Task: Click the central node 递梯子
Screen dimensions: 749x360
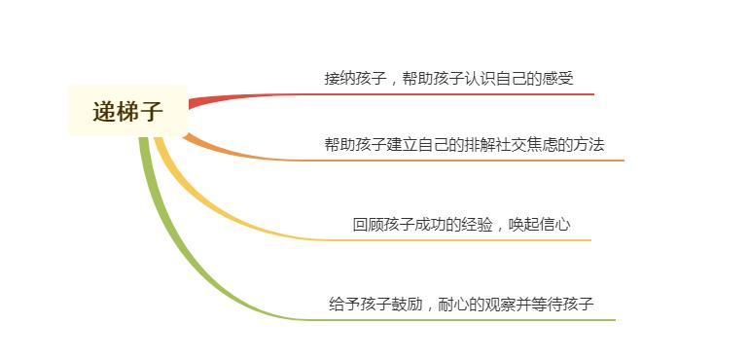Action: pyautogui.click(x=127, y=111)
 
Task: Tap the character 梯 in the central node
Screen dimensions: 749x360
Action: pyautogui.click(x=127, y=111)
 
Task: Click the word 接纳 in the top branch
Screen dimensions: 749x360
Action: pyautogui.click(x=340, y=78)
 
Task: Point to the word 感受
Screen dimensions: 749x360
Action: pyautogui.click(x=557, y=78)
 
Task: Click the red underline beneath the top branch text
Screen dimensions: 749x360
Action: pyautogui.click(x=438, y=94)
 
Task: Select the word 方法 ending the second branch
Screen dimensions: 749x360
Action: pyautogui.click(x=588, y=144)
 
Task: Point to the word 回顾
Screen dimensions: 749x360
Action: pyautogui.click(x=368, y=224)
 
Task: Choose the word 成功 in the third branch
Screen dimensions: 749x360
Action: pyautogui.click(x=430, y=224)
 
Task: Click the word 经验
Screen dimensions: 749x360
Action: pyautogui.click(x=477, y=224)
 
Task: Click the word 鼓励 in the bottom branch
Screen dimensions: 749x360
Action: pyautogui.click(x=408, y=304)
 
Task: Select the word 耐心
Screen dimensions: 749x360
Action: pyautogui.click(x=454, y=304)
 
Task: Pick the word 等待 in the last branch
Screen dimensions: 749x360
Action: pyautogui.click(x=547, y=304)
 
